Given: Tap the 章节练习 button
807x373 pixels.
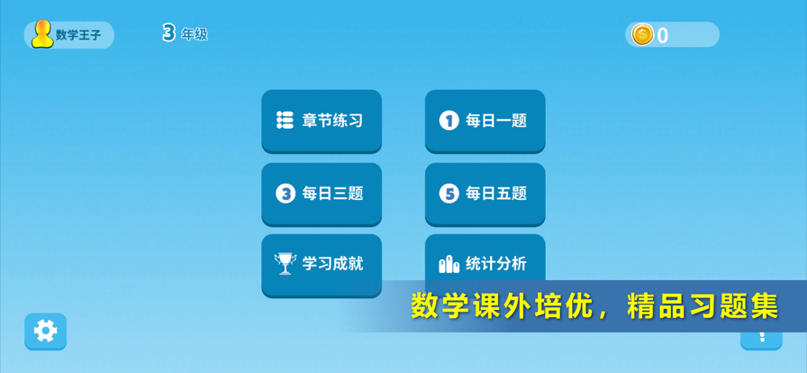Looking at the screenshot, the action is point(322,121).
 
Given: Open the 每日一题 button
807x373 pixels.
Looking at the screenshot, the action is point(485,121).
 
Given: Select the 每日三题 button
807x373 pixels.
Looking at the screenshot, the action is point(322,195).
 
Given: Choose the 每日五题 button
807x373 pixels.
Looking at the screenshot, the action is point(485,195).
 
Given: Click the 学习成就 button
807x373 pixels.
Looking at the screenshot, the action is point(322,265).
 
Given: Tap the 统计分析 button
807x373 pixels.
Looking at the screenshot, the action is point(485,258).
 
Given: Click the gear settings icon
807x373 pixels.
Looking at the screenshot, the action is point(45,332).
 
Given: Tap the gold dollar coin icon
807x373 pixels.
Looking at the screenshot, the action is point(642,34).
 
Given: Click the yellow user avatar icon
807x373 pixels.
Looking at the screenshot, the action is point(42,34).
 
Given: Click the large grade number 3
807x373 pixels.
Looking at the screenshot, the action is point(168,33).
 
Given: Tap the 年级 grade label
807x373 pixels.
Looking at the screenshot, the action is point(195,34).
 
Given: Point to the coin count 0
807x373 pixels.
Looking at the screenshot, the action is point(662,35).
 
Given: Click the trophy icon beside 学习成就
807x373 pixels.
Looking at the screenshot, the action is point(286,263).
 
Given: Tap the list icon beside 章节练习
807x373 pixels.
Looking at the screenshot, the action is point(285,120).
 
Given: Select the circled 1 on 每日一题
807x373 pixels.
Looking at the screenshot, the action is point(449,121).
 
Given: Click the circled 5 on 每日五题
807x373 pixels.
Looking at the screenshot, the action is point(449,194).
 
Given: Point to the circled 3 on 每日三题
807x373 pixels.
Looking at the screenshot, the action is point(286,194).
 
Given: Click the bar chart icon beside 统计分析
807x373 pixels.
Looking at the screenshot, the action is point(449,264).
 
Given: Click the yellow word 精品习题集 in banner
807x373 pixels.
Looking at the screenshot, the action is point(703,306).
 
